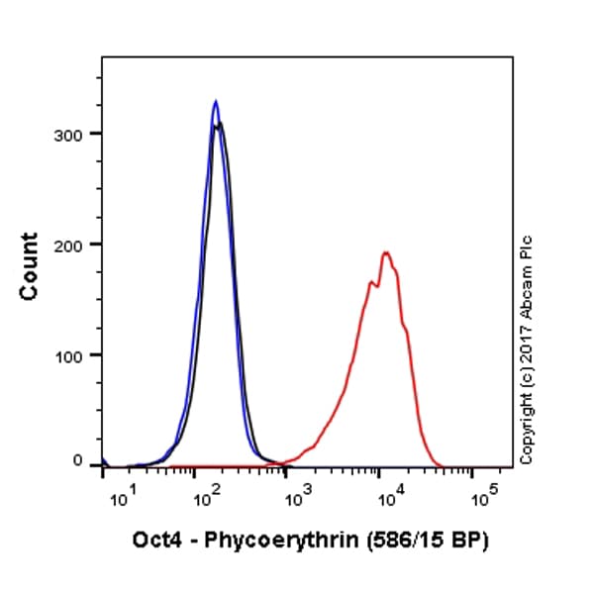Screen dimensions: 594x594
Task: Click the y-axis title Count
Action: pyautogui.click(x=30, y=266)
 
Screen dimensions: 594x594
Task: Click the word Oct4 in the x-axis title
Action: pyautogui.click(x=156, y=542)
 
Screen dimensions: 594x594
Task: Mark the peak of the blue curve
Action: pyautogui.click(x=215, y=101)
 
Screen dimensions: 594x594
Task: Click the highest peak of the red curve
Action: pyautogui.click(x=386, y=252)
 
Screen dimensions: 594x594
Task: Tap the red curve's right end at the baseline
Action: pyautogui.click(x=442, y=464)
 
